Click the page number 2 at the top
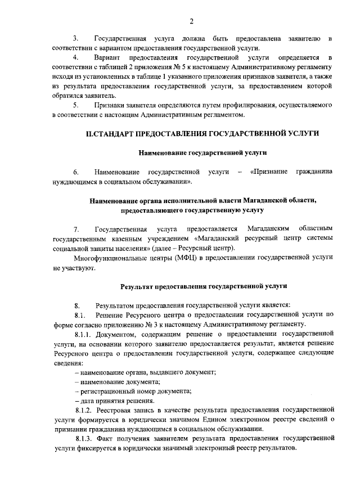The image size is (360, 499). (x=191, y=21)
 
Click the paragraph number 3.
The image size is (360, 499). (x=76, y=38)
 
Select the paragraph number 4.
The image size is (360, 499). (x=76, y=57)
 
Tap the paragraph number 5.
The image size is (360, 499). (x=76, y=105)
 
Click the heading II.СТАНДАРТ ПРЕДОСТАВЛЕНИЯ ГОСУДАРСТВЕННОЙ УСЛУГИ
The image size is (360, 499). (x=202, y=134)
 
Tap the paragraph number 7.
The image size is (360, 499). (x=76, y=228)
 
